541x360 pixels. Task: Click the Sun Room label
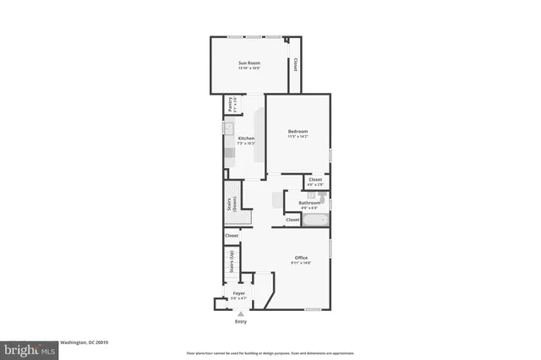click(x=249, y=63)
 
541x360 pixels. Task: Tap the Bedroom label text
click(x=298, y=131)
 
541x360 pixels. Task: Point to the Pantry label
click(x=228, y=105)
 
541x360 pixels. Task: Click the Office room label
click(x=301, y=258)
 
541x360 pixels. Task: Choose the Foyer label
click(x=240, y=293)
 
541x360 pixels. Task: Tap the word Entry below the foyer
click(x=241, y=322)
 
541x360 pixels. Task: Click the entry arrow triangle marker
click(x=241, y=314)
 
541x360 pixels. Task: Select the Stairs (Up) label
click(x=231, y=261)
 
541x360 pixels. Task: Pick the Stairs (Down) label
click(x=231, y=205)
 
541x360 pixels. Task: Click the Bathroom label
click(x=309, y=202)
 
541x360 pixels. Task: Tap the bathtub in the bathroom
click(x=316, y=220)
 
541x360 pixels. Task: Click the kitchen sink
click(x=228, y=129)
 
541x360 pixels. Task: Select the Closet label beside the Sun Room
click(x=295, y=64)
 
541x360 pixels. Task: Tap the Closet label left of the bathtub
click(x=292, y=220)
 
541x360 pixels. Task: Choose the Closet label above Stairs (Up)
click(x=232, y=236)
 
